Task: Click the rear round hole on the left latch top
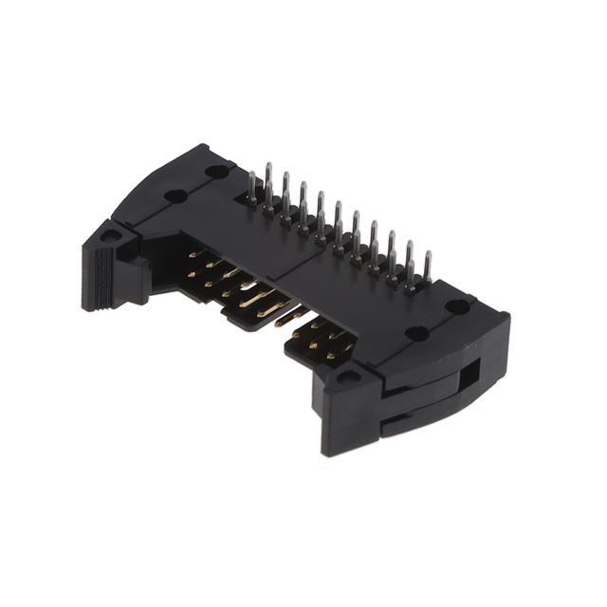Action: click(217, 172)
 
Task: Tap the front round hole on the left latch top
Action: click(175, 196)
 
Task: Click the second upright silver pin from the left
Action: click(268, 180)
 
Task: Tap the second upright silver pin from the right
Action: click(410, 259)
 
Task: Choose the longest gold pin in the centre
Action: click(258, 303)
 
